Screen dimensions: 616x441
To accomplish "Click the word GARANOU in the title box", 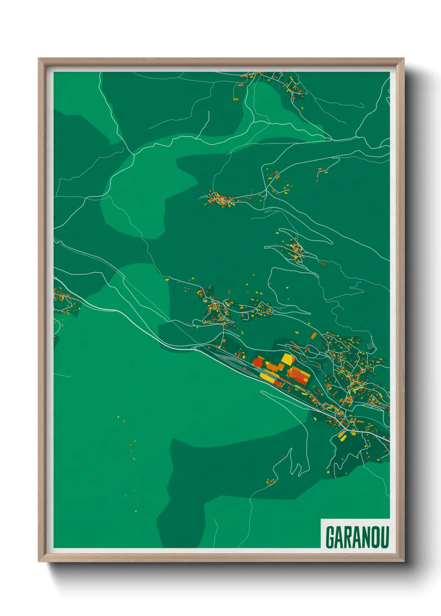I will coord(357,537).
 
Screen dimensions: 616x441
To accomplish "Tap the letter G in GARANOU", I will coord(330,537).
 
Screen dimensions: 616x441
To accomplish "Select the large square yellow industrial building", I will coord(288,359).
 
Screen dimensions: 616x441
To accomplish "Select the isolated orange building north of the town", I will coord(314,335).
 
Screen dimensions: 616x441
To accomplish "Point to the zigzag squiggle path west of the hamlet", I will coord(202,198).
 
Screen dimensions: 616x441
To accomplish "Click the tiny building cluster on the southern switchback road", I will coord(270,482).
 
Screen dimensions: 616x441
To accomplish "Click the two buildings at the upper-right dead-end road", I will coord(322,171).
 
